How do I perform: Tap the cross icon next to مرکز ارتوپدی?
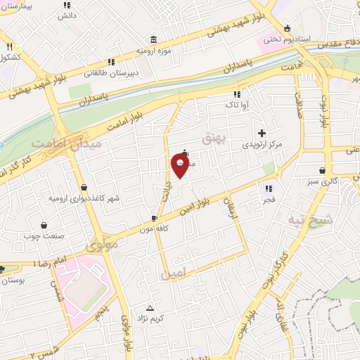[x=262, y=133]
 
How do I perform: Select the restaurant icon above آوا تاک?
[x=237, y=94]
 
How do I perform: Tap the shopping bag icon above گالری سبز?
[x=322, y=170]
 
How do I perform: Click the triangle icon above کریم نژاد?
[x=150, y=308]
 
